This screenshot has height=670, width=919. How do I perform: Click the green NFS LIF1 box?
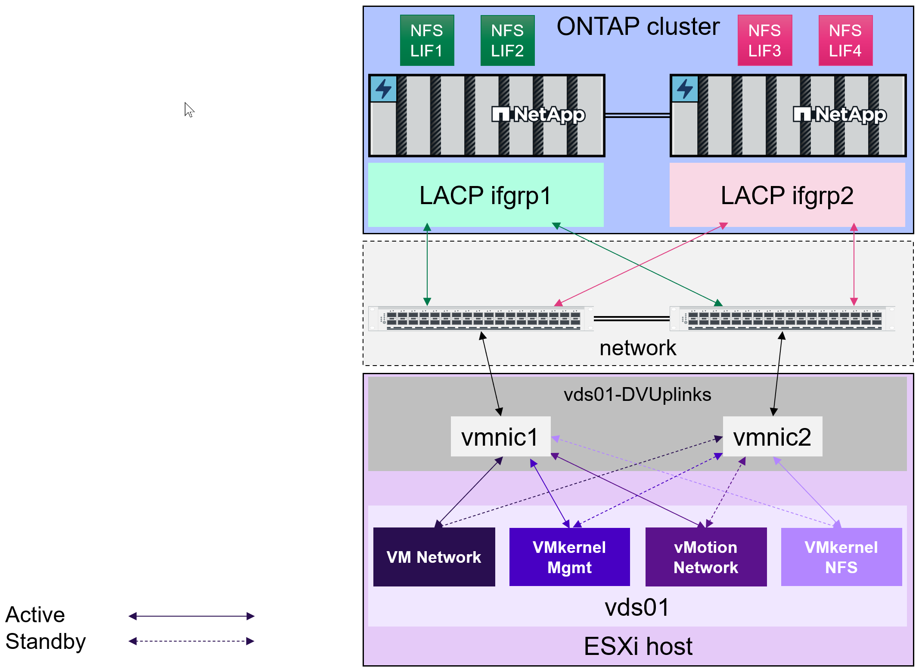[x=427, y=40]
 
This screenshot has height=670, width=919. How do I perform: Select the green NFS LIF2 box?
[x=507, y=40]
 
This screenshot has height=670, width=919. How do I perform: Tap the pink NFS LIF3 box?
[x=764, y=40]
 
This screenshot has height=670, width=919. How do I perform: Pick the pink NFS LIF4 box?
[x=845, y=40]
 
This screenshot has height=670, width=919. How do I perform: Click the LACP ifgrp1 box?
[x=486, y=195]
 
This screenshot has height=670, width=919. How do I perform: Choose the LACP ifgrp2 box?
[x=787, y=195]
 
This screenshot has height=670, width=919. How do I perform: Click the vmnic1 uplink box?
[x=500, y=437]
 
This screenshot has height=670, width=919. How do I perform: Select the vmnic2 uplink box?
[x=772, y=437]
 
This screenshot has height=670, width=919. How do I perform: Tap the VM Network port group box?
[x=434, y=557]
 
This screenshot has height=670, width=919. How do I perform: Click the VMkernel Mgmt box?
[x=569, y=557]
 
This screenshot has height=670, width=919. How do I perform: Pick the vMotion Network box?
[x=706, y=557]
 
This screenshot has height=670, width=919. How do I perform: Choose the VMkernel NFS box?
[x=841, y=557]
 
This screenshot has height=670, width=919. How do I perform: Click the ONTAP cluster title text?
[x=638, y=27]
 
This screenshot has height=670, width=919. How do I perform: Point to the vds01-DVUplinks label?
[x=637, y=394]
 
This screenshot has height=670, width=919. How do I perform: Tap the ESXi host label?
[x=638, y=646]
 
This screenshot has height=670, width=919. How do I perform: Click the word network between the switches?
[x=638, y=348]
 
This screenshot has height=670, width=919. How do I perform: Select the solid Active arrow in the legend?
[x=192, y=616]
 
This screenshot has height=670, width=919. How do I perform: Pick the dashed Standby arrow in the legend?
[x=192, y=641]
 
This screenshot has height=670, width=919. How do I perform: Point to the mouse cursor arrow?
[x=189, y=109]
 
